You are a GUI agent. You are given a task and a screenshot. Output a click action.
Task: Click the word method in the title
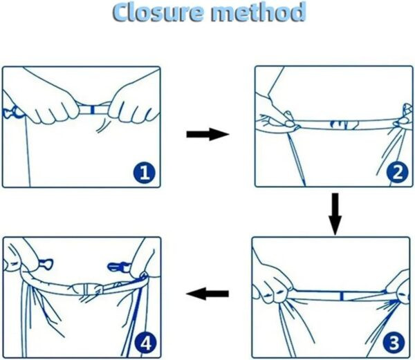[258, 12]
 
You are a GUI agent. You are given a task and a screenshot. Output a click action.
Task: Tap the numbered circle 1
[145, 173]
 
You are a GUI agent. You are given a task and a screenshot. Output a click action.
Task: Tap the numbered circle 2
[397, 173]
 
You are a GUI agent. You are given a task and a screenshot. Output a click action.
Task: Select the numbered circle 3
[394, 343]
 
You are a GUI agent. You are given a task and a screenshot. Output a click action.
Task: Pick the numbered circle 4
[145, 343]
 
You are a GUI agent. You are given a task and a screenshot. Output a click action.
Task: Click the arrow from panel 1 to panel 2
[207, 134]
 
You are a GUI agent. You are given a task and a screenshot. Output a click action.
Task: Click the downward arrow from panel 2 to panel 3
[335, 214]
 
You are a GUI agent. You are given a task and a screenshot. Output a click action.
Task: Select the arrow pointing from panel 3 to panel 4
[207, 294]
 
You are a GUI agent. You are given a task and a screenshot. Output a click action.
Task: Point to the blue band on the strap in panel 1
[92, 110]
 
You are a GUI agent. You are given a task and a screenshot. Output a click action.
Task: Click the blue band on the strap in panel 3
[342, 296]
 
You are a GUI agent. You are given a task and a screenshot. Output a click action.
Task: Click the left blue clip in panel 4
[45, 265]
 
